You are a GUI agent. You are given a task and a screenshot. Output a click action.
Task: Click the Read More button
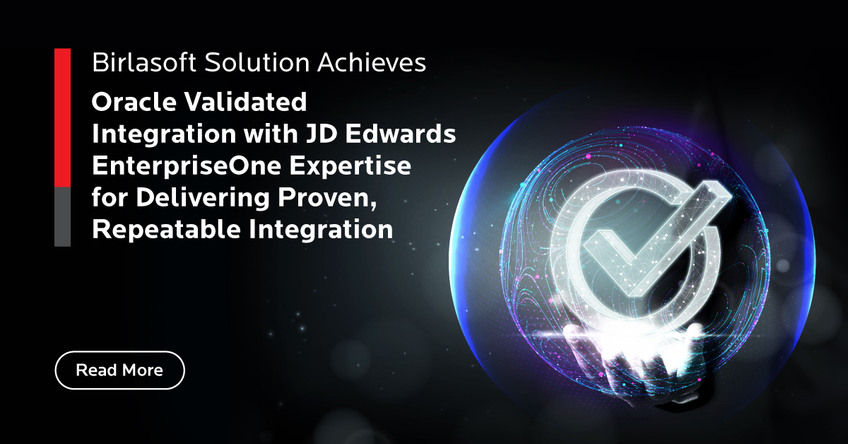click(x=119, y=370)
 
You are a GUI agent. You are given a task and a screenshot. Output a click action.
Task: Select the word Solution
click(x=257, y=62)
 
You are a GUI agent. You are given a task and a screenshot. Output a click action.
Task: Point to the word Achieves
click(x=372, y=62)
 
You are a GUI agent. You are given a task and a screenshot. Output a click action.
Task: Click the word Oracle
click(x=134, y=102)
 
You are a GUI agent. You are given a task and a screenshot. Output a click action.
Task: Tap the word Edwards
click(x=400, y=134)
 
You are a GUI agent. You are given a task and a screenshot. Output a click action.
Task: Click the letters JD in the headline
click(x=322, y=134)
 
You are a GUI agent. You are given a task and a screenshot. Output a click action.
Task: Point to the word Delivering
click(x=203, y=197)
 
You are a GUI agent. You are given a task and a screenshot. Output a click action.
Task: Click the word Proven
click(x=327, y=198)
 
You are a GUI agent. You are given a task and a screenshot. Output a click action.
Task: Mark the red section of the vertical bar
click(x=62, y=118)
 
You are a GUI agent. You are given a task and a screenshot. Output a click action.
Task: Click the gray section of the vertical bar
click(x=62, y=216)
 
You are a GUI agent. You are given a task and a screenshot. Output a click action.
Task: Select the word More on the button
click(x=142, y=370)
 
